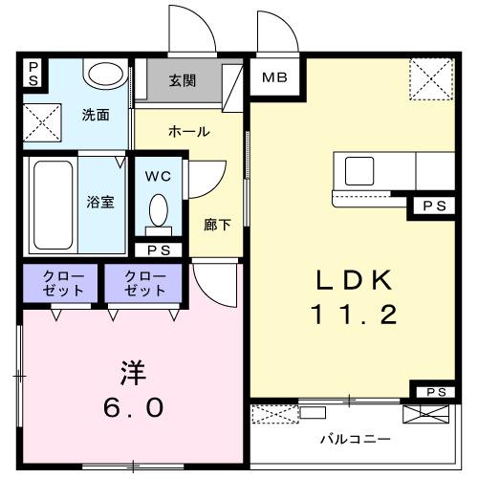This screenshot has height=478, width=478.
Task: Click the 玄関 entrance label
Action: pos(183,81)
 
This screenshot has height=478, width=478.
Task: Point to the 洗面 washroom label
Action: pos(95,115)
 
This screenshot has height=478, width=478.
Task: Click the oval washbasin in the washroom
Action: pos(103,74)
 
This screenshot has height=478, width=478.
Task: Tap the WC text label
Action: pos(159,176)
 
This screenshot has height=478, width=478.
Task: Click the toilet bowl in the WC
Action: pos(159,212)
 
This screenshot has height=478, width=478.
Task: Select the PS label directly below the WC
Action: pos(159,250)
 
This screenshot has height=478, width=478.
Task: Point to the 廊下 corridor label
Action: pos(217,226)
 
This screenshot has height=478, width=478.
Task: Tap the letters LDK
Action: pos(355,279)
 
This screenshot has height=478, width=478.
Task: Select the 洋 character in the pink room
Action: pos(133,371)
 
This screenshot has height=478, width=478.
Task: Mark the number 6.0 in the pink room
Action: pos(133,407)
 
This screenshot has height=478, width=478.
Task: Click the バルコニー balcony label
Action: pos(354,440)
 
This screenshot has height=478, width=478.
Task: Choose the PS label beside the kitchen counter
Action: pos(433,205)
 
